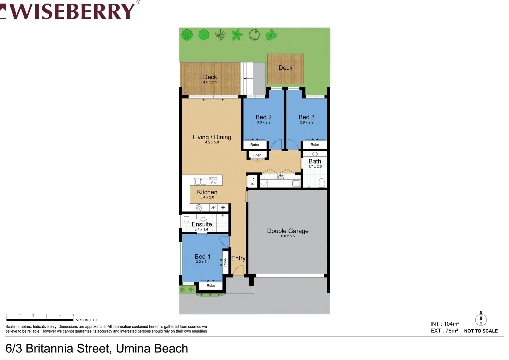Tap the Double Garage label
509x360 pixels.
[288, 231]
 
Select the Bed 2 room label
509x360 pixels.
[263, 117]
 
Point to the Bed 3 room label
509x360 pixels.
[306, 117]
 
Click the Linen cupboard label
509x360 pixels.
[257, 155]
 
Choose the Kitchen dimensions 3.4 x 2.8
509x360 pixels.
[207, 197]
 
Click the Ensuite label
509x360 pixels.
[202, 224]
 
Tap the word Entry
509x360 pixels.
[238, 258]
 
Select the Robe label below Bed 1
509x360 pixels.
[211, 286]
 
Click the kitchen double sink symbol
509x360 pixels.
[201, 181]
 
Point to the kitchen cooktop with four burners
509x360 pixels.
[199, 208]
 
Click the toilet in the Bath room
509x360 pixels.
[322, 183]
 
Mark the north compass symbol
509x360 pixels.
[481, 319]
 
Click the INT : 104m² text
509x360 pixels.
[444, 324]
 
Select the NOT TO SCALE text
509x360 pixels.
[481, 331]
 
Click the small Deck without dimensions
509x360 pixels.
[285, 68]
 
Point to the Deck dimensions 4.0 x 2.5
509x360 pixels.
[210, 82]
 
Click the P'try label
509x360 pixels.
[252, 181]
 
